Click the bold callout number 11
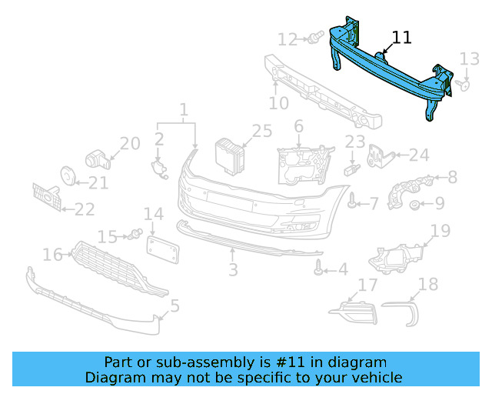pos(401,38)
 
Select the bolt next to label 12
pos(315,38)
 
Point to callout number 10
pos(279,103)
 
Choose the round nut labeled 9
pos(415,204)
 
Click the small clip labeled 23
pos(353,165)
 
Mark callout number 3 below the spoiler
pos(232,270)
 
